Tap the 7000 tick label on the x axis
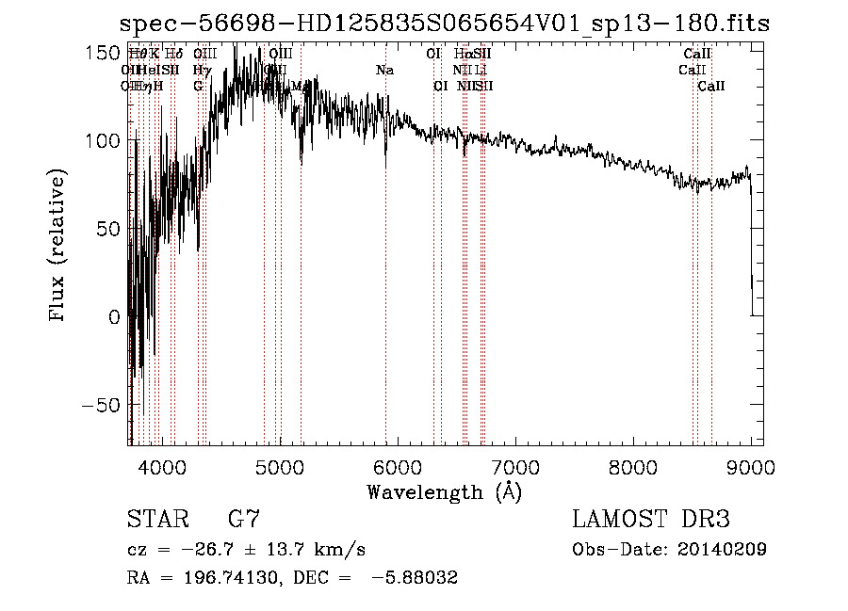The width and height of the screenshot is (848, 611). coord(515,466)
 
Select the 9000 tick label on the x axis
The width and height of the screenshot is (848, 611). coord(751,466)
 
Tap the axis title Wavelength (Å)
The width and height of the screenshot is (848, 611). coord(445,491)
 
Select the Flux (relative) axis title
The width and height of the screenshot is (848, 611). coord(58,247)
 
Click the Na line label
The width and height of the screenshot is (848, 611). coord(384,71)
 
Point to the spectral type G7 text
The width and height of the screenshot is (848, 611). coord(244,520)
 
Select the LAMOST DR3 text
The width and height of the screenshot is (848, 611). coord(651,520)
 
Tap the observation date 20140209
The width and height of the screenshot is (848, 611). coord(720,550)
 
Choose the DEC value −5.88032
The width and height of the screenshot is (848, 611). coord(415,578)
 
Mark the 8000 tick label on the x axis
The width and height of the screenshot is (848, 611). coord(633,466)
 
